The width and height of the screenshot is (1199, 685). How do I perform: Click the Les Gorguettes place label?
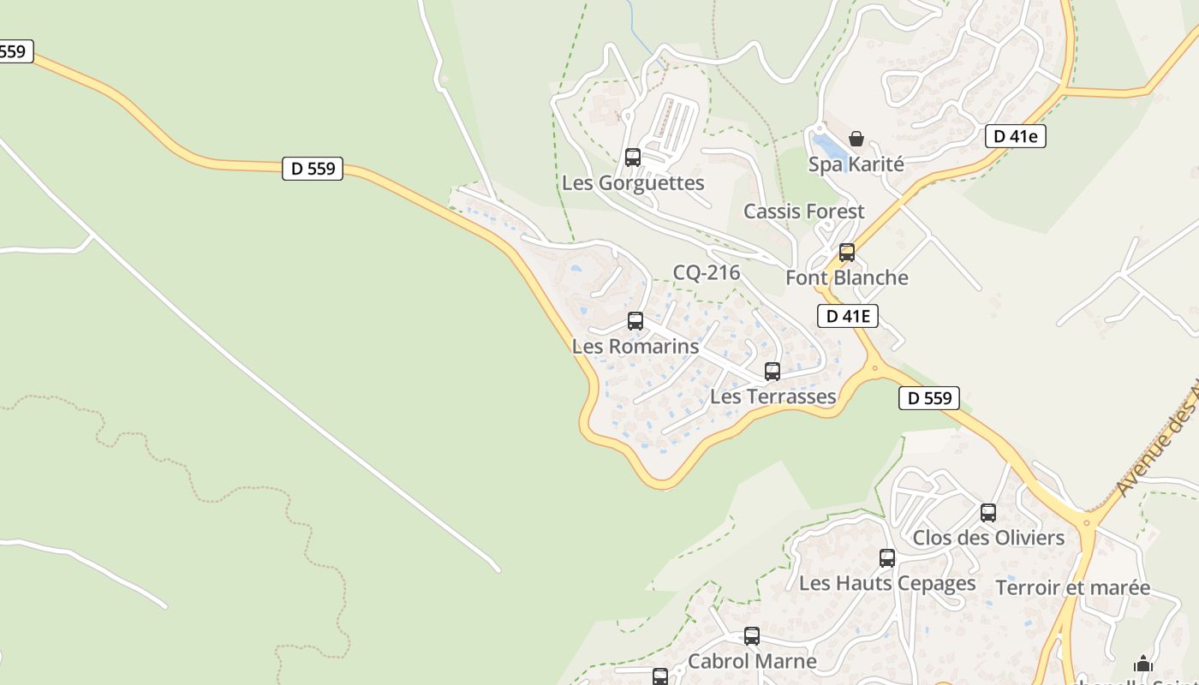click(x=633, y=183)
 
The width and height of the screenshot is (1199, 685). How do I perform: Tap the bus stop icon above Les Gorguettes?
click(x=633, y=158)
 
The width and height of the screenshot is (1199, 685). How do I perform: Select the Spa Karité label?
click(x=856, y=164)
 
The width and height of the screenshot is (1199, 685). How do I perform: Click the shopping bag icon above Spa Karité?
click(x=856, y=139)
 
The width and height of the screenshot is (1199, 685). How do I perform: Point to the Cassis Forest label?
click(x=804, y=211)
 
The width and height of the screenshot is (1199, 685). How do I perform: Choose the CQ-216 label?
click(x=707, y=273)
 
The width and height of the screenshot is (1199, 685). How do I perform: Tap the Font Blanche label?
click(x=847, y=278)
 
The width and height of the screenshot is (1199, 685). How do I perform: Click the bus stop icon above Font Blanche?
click(x=847, y=253)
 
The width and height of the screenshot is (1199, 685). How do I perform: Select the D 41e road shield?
click(x=1016, y=136)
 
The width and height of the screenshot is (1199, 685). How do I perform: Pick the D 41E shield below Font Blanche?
click(x=848, y=316)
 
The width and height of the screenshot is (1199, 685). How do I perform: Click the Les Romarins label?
click(x=635, y=347)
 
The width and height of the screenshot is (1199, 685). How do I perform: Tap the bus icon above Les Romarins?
click(x=635, y=321)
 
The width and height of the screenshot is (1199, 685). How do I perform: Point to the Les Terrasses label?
click(x=773, y=396)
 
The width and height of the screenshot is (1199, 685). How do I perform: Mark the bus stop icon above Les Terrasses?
click(x=772, y=372)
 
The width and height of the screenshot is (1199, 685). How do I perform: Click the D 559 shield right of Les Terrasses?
click(x=929, y=398)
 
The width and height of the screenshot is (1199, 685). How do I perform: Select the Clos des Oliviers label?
click(x=988, y=538)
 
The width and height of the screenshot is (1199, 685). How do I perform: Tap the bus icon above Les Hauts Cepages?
click(x=887, y=558)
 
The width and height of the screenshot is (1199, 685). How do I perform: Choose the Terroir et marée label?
click(x=1073, y=587)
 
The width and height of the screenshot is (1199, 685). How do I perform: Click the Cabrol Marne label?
click(x=752, y=662)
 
